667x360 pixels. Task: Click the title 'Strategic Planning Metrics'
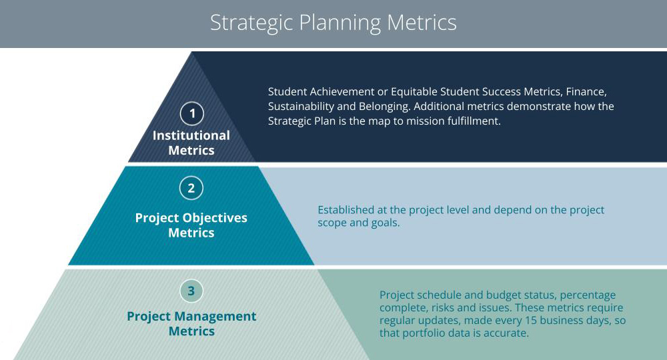(333, 23)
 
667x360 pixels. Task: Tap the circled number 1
(192, 113)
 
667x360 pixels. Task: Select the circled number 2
(191, 188)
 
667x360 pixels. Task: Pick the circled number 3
(191, 291)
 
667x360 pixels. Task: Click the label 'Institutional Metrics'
(191, 143)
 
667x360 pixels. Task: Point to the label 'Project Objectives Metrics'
(191, 225)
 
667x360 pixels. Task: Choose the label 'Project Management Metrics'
(191, 323)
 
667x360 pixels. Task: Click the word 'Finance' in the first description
(586, 92)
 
